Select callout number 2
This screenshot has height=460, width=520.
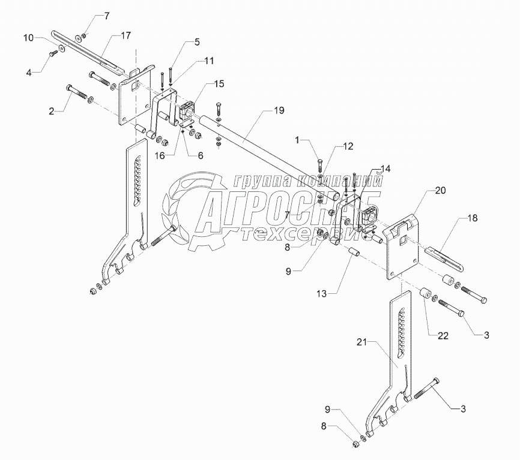point(52,111)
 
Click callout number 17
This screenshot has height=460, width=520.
point(125,36)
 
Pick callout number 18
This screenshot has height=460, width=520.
point(473,218)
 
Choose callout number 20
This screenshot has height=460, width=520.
point(440,191)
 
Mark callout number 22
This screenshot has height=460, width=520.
point(442,336)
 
